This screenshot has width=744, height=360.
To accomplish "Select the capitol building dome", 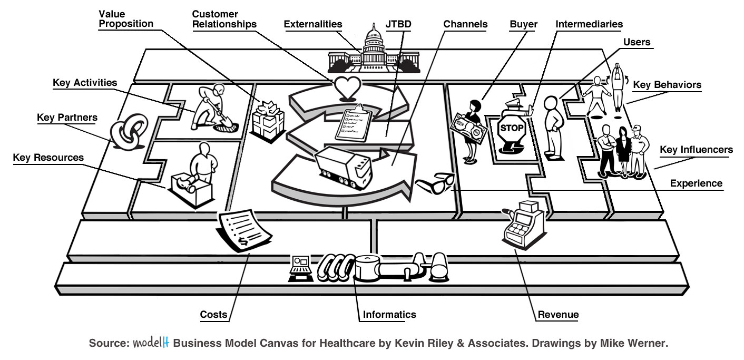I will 374,40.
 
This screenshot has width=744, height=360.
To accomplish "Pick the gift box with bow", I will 268,120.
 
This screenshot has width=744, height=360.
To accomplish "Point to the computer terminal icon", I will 301,268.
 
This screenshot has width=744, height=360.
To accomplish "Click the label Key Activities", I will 85,83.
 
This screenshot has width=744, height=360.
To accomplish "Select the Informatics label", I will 389,315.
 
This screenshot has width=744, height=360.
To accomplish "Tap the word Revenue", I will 558,315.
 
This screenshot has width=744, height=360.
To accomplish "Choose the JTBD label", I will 398,24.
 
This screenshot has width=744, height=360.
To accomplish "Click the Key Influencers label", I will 696,150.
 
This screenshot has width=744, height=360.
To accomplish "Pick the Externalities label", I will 313,24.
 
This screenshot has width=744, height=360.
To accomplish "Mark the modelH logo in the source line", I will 150,343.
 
